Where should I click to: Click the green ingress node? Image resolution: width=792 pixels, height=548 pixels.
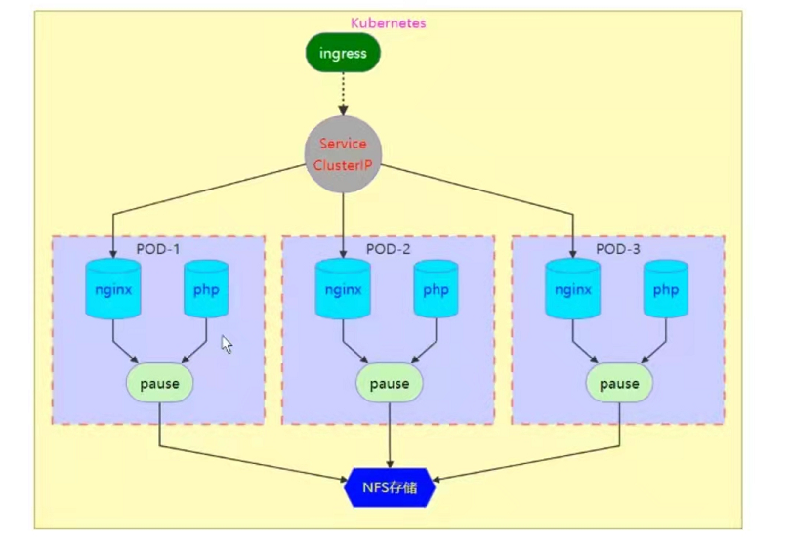pyautogui.click(x=342, y=54)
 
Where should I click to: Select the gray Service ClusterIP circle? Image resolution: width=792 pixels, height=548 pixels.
pyautogui.click(x=343, y=154)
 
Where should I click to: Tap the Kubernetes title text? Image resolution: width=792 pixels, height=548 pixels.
pyautogui.click(x=388, y=22)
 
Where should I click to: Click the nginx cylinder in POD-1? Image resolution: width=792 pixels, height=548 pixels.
pyautogui.click(x=113, y=289)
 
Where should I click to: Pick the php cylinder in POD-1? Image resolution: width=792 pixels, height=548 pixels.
pyautogui.click(x=206, y=289)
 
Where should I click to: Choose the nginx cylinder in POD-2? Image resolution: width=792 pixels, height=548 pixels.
pyautogui.click(x=343, y=289)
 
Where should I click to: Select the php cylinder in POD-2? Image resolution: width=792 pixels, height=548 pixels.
pyautogui.click(x=436, y=289)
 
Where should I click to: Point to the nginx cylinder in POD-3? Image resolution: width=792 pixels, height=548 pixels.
pyautogui.click(x=573, y=289)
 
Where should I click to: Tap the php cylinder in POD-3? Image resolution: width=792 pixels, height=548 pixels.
pyautogui.click(x=666, y=289)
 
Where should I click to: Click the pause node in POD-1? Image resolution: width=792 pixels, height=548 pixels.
pyautogui.click(x=159, y=383)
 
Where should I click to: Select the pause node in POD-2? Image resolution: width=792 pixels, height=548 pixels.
pyautogui.click(x=390, y=383)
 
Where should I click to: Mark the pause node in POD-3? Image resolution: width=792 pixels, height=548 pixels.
pyautogui.click(x=619, y=383)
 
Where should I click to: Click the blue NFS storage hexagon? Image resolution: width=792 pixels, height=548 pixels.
pyautogui.click(x=391, y=486)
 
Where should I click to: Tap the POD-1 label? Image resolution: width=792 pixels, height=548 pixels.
pyautogui.click(x=158, y=249)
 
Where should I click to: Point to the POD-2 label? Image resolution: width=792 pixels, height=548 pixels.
pyautogui.click(x=389, y=249)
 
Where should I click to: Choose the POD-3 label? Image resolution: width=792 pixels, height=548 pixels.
pyautogui.click(x=618, y=249)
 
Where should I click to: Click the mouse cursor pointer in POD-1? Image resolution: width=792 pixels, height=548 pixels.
pyautogui.click(x=227, y=344)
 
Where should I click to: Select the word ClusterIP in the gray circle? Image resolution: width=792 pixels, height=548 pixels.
pyautogui.click(x=342, y=165)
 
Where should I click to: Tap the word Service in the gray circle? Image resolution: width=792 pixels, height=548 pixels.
pyautogui.click(x=343, y=144)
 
